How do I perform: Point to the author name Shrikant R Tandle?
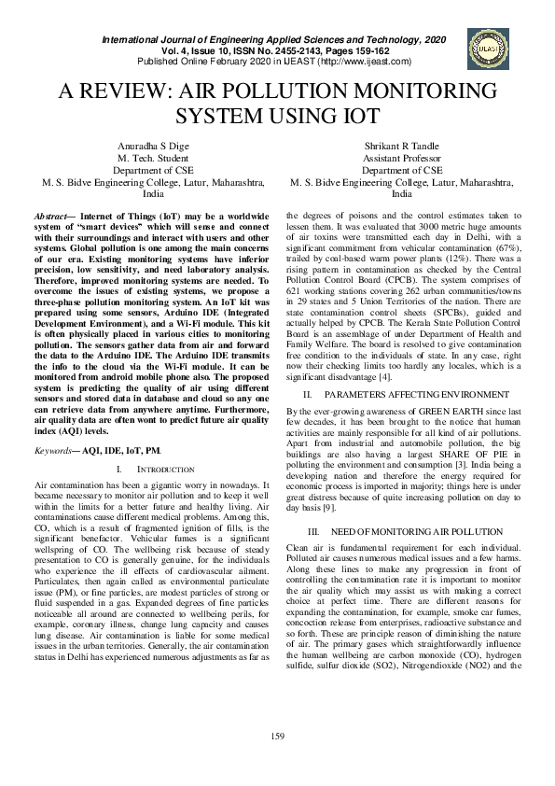point(402,147)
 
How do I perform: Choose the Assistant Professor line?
point(402,159)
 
